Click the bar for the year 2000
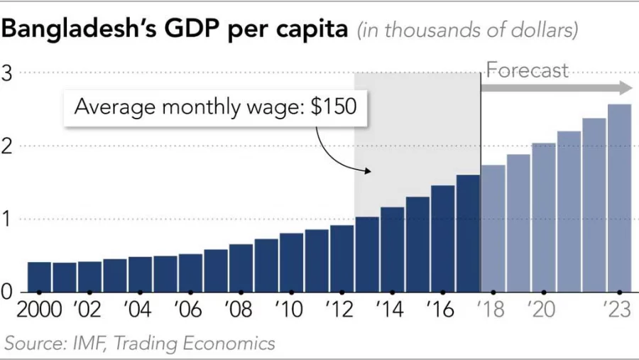39,277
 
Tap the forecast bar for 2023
619,198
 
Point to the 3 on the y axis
6,72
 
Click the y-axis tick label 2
6,146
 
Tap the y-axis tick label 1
6,219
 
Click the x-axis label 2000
38,310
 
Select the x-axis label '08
239,310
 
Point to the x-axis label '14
391,310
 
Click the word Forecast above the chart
527,70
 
